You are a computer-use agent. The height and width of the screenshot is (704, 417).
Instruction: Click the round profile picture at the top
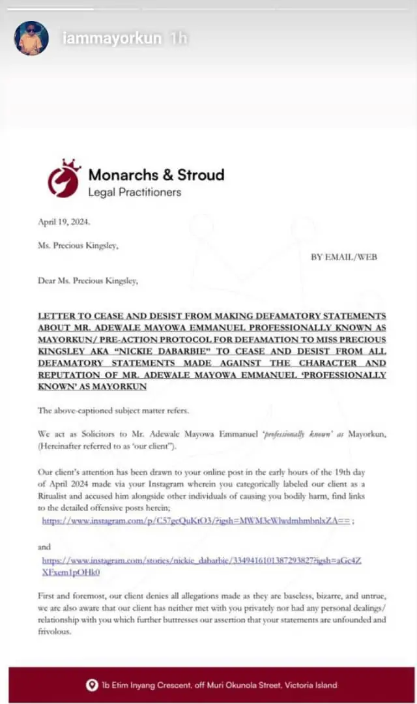pyautogui.click(x=31, y=38)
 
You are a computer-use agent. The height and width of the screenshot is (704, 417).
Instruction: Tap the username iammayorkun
pyautogui.click(x=111, y=38)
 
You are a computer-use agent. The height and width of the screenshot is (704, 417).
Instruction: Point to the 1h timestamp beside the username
pyautogui.click(x=178, y=38)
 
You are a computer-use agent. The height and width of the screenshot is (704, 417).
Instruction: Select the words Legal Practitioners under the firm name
pyautogui.click(x=134, y=192)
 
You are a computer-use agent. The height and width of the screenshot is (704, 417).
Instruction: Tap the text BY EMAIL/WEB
pyautogui.click(x=343, y=257)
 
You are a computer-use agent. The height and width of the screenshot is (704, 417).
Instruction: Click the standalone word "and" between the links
pyautogui.click(x=44, y=548)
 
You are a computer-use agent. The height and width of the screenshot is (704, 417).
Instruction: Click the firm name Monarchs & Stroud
pyautogui.click(x=156, y=175)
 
